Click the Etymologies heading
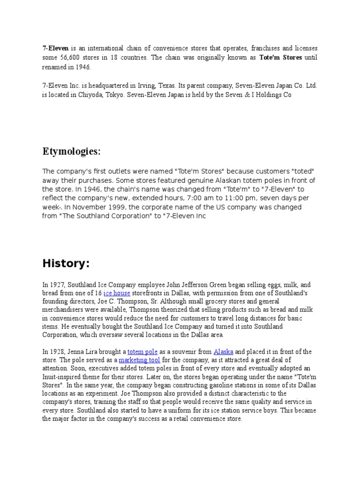click(72, 152)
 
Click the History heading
click(66, 264)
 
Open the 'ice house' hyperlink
click(117, 292)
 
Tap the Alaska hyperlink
click(223, 352)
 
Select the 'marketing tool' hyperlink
click(139, 360)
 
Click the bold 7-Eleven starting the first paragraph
click(55, 48)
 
